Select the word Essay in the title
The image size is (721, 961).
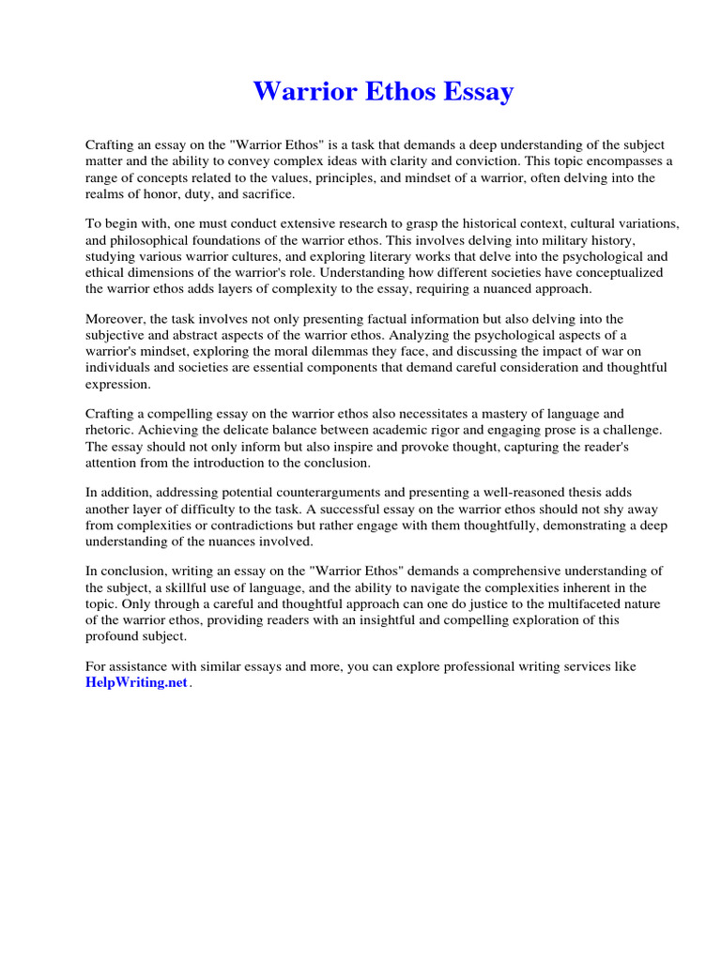click(477, 92)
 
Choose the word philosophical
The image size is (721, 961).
click(148, 240)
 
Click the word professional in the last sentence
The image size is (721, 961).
click(454, 667)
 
